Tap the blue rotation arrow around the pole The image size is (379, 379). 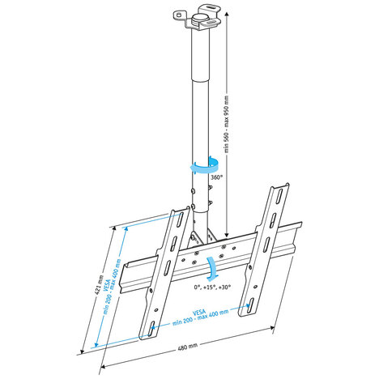[198, 164]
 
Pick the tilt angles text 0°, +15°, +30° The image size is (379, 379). [212, 287]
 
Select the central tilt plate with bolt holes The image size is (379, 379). [207, 255]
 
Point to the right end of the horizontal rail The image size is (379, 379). [302, 234]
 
